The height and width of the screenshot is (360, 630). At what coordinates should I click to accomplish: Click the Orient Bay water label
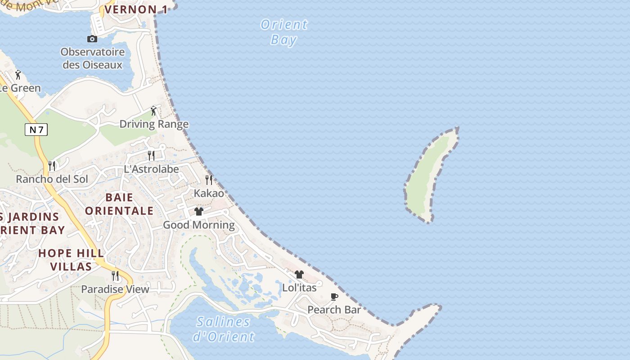[x=284, y=31]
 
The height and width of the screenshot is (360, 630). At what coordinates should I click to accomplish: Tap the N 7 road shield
[x=36, y=130]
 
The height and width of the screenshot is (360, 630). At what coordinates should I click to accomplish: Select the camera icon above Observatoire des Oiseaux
[x=92, y=39]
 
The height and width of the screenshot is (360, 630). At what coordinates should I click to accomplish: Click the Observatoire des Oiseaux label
[x=93, y=58]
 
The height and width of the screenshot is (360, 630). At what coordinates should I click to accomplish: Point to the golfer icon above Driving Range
[x=154, y=110]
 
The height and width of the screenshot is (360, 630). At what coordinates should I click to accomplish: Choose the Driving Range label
[x=154, y=124]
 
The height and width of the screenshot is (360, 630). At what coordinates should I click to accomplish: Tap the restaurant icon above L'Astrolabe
[x=151, y=156]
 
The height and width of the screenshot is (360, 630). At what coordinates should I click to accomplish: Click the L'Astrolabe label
[x=151, y=170]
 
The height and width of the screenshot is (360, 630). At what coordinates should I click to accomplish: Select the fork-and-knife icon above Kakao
[x=209, y=180]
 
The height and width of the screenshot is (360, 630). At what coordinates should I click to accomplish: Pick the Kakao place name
[x=209, y=193]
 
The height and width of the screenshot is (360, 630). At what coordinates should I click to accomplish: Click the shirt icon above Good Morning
[x=199, y=211]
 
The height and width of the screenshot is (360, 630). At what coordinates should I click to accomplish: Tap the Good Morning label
[x=199, y=225]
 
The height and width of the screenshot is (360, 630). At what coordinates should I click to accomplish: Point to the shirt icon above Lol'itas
[x=299, y=274]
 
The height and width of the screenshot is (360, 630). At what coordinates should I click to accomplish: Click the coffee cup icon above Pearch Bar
[x=334, y=297]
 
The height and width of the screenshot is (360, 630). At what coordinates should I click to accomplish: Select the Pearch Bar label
[x=334, y=310]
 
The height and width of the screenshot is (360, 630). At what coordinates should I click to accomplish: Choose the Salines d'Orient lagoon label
[x=223, y=329]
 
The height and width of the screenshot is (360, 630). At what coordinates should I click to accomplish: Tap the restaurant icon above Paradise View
[x=115, y=275]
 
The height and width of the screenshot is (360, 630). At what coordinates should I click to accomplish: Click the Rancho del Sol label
[x=52, y=179]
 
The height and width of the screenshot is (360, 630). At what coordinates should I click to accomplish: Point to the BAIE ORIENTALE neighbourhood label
[x=119, y=204]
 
